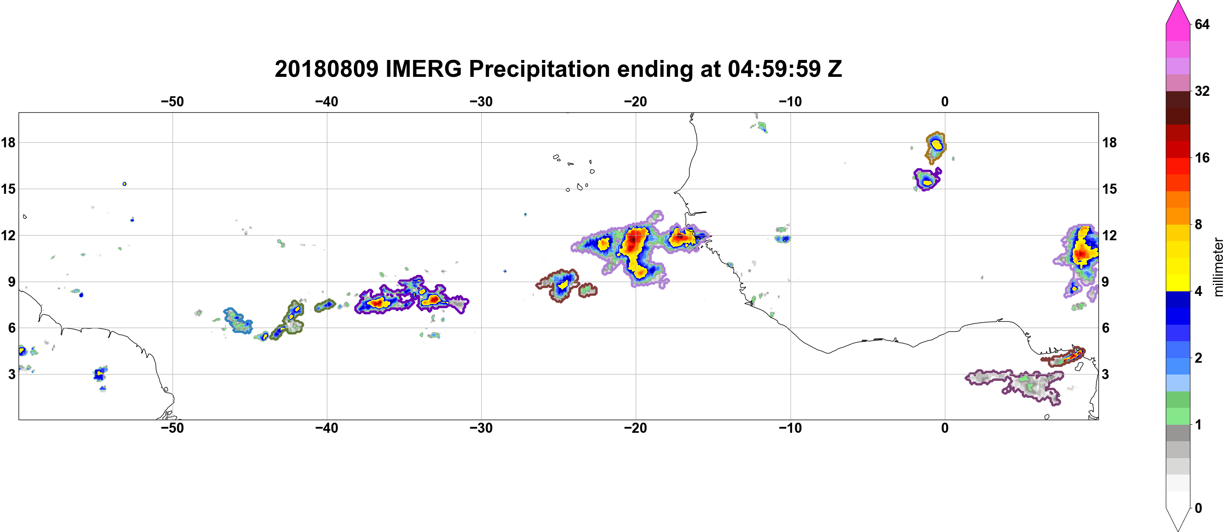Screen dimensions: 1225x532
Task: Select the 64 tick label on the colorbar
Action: pyautogui.click(x=1202, y=24)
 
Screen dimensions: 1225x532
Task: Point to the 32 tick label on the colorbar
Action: pyautogui.click(x=1202, y=91)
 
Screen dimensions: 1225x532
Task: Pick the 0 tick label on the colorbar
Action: pyautogui.click(x=1198, y=508)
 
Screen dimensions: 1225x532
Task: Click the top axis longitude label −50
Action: pyautogui.click(x=172, y=102)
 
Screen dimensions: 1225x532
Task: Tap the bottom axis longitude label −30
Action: pyautogui.click(x=481, y=428)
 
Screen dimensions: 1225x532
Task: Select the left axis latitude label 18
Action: pyautogui.click(x=8, y=142)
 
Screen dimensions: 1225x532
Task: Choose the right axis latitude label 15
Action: pyautogui.click(x=1109, y=189)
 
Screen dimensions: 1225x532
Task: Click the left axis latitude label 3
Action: pyautogui.click(x=11, y=374)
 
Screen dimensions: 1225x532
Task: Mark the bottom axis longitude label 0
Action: pyautogui.click(x=945, y=428)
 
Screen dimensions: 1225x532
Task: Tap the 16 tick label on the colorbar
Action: pyautogui.click(x=1202, y=157)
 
